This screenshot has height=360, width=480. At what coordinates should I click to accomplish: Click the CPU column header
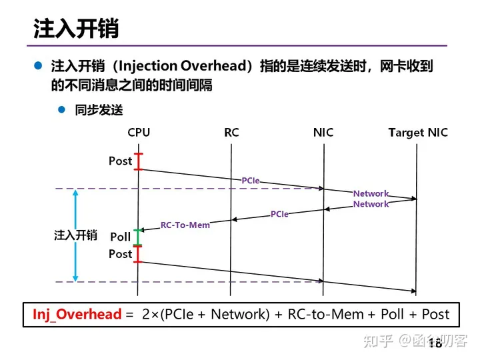[x=139, y=133]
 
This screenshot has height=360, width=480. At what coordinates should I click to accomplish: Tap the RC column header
[x=231, y=133]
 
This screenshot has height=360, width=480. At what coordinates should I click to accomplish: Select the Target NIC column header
[x=418, y=133]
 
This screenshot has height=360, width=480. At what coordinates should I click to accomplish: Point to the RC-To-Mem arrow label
[x=185, y=225]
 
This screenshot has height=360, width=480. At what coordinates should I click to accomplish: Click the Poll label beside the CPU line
[x=121, y=237]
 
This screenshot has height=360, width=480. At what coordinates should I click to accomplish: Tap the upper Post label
[x=121, y=161]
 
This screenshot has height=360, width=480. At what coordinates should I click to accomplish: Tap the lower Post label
[x=121, y=254]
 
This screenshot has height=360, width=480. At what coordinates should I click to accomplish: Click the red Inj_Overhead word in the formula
[x=77, y=314]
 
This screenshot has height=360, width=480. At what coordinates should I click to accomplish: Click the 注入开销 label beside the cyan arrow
[x=75, y=235]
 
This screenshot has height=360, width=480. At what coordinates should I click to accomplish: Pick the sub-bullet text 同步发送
[x=99, y=110]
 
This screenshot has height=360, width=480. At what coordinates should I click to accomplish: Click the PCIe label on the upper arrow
[x=251, y=181]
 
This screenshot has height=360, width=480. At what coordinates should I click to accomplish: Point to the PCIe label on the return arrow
[x=279, y=214]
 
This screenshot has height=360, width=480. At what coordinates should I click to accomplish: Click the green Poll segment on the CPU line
[x=138, y=237]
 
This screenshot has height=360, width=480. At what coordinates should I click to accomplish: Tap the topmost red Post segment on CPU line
[x=138, y=161]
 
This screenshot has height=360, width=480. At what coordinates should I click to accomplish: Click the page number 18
[x=435, y=344]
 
